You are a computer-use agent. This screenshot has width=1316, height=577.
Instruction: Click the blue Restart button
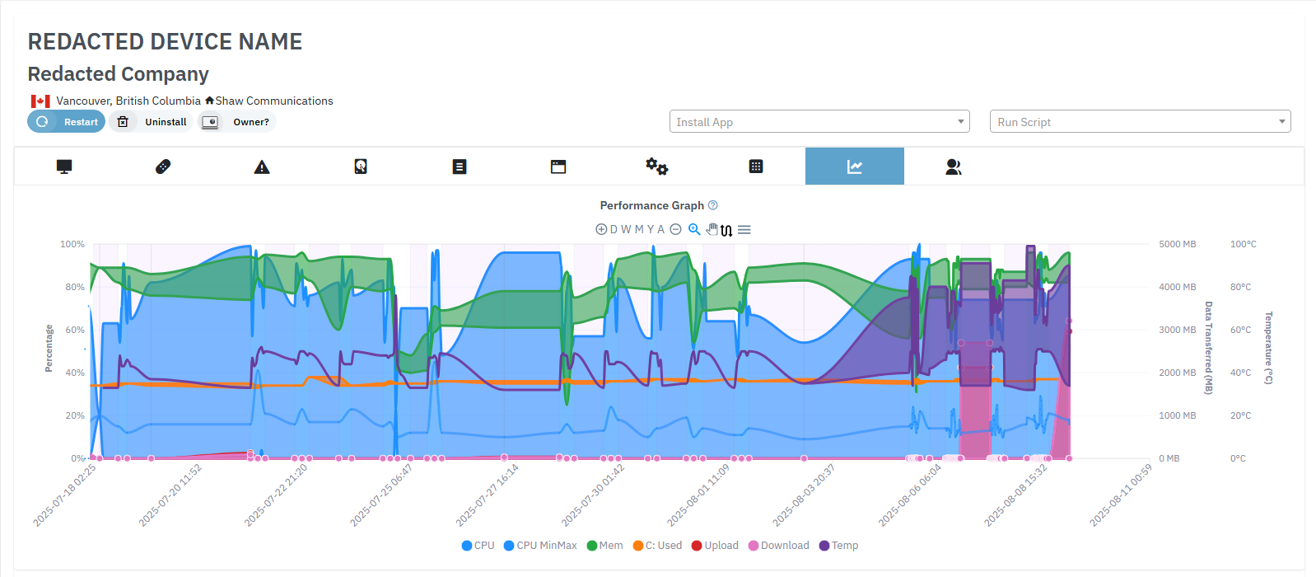click(67, 122)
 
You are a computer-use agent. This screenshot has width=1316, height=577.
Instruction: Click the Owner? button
click(237, 122)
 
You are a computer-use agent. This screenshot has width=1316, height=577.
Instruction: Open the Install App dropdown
click(819, 122)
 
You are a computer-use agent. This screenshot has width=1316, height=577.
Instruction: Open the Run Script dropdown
click(1140, 122)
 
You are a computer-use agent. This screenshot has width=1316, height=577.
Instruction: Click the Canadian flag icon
click(40, 101)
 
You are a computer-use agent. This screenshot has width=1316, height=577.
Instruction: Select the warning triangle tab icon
click(262, 167)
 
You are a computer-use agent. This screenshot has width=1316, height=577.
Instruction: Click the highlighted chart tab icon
click(854, 167)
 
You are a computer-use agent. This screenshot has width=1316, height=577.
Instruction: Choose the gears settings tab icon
click(656, 167)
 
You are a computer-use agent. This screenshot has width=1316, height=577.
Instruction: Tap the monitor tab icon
click(64, 167)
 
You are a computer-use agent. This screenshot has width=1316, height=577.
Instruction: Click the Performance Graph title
click(651, 205)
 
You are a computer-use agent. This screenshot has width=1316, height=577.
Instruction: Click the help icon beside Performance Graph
click(713, 205)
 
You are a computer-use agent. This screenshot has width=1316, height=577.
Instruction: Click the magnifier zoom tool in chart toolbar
click(694, 229)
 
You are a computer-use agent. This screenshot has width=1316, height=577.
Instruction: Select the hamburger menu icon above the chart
click(744, 230)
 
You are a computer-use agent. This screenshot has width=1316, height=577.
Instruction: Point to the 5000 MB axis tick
click(1177, 245)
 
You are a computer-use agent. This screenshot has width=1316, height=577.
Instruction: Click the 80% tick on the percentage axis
click(75, 287)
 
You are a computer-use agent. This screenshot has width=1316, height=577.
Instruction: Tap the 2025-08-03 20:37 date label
click(804, 495)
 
